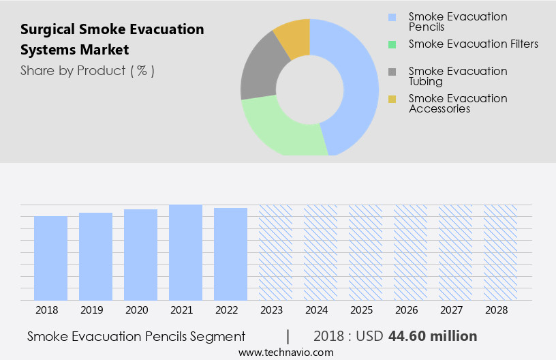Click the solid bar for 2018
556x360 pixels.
[x=50, y=258]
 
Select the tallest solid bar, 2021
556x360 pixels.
[x=185, y=252]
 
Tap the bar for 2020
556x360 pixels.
[x=140, y=254]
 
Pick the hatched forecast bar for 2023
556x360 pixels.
[x=275, y=252]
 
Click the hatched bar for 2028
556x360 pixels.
[x=500, y=252]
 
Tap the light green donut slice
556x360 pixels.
[x=279, y=130]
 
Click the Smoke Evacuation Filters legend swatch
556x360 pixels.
[x=392, y=44]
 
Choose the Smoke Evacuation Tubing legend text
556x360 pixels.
[x=458, y=76]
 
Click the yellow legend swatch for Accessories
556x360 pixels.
[x=392, y=99]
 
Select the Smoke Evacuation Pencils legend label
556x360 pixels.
[x=458, y=21]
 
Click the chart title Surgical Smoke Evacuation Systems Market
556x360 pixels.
[x=112, y=40]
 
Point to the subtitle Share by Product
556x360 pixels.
[x=87, y=70]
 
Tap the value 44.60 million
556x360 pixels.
[x=433, y=336]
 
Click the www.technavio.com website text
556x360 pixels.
[x=286, y=352]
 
